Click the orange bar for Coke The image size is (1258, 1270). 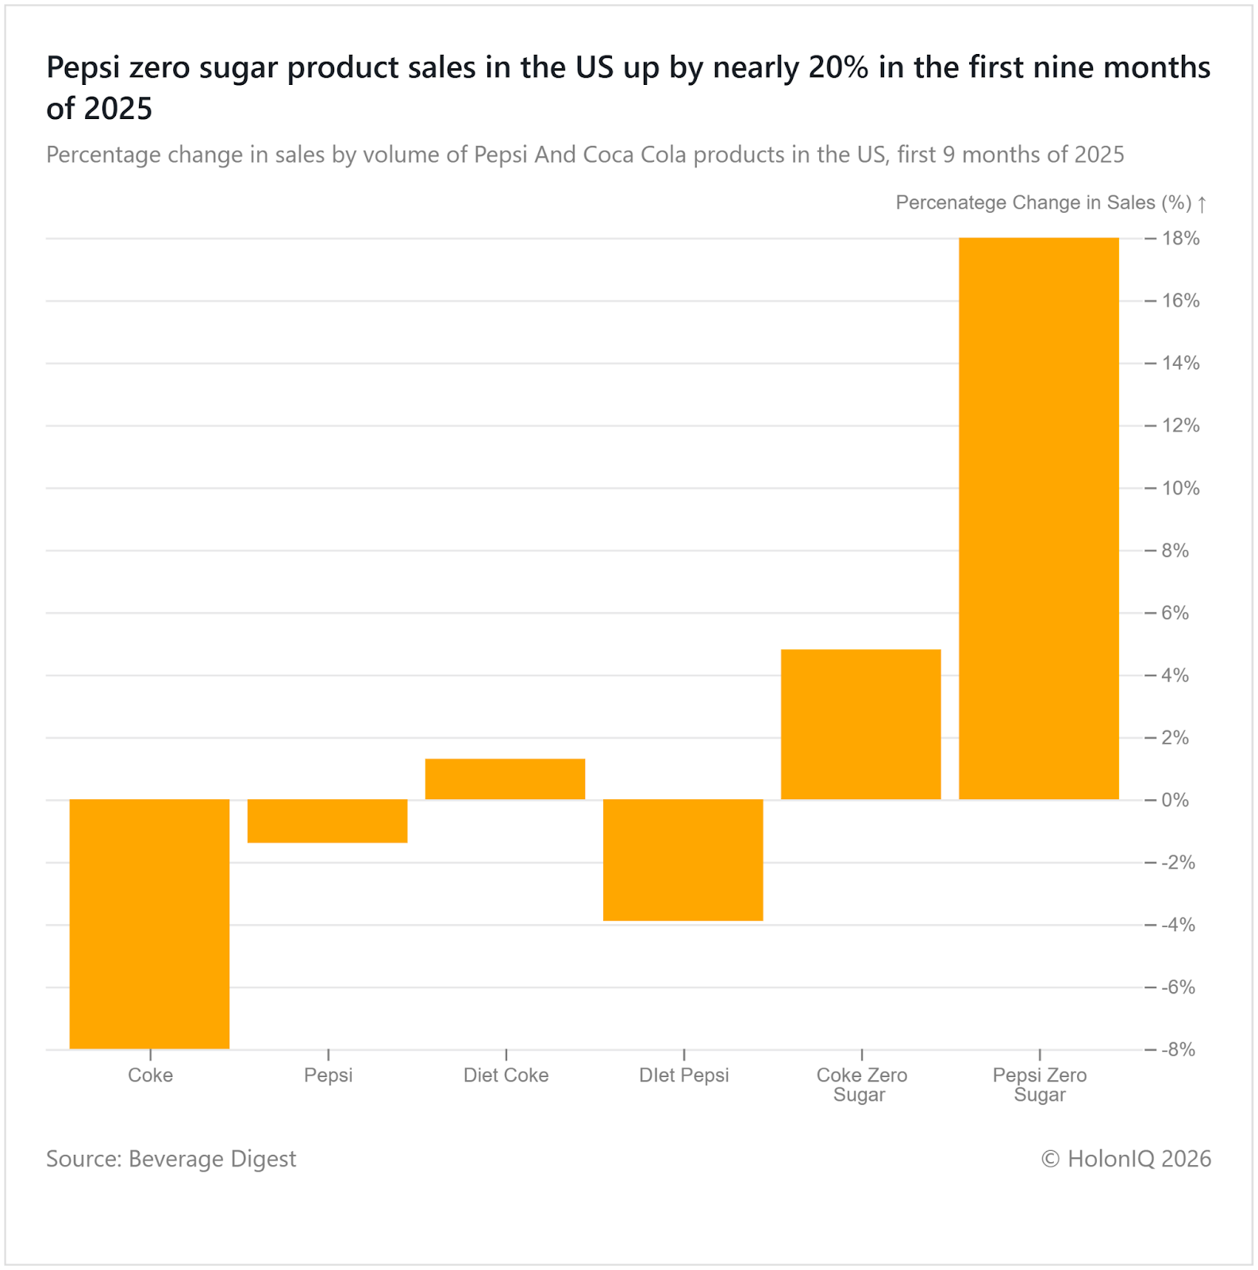click(149, 924)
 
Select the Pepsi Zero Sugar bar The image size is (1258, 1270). click(1038, 518)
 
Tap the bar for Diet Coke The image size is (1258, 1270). click(505, 779)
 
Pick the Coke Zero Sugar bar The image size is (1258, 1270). click(860, 724)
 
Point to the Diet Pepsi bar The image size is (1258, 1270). click(683, 860)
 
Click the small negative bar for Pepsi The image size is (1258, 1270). click(327, 821)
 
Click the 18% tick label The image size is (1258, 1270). click(1180, 238)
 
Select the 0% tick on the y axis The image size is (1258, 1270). click(1175, 800)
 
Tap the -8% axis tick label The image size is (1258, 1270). click(1178, 1049)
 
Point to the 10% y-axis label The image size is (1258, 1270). click(1180, 488)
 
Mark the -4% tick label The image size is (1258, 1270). click(1178, 925)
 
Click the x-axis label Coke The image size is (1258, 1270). click(150, 1075)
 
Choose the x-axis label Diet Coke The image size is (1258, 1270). click(506, 1075)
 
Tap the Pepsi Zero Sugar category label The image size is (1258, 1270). click(1040, 1084)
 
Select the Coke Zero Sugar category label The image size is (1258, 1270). click(861, 1084)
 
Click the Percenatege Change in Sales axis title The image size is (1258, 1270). click(1043, 203)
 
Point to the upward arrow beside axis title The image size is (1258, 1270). click(1202, 204)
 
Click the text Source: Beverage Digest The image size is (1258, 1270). click(171, 1159)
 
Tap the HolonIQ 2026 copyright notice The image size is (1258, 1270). click(1125, 1159)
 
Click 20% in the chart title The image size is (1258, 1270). click(838, 68)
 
